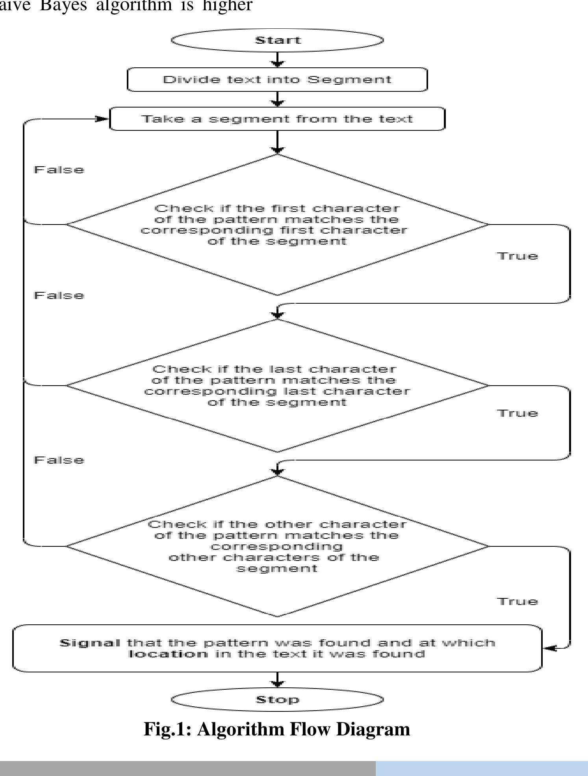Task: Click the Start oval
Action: [277, 40]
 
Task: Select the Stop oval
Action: [277, 700]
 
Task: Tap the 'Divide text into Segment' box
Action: [277, 80]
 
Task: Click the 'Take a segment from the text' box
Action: [277, 119]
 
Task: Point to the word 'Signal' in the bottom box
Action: [90, 643]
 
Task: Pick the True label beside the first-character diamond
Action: [517, 256]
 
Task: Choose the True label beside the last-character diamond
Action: [517, 413]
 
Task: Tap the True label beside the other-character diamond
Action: [517, 601]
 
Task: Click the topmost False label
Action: [59, 170]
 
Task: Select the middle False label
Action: [59, 295]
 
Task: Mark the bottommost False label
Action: [59, 460]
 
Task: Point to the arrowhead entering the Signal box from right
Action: [549, 648]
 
